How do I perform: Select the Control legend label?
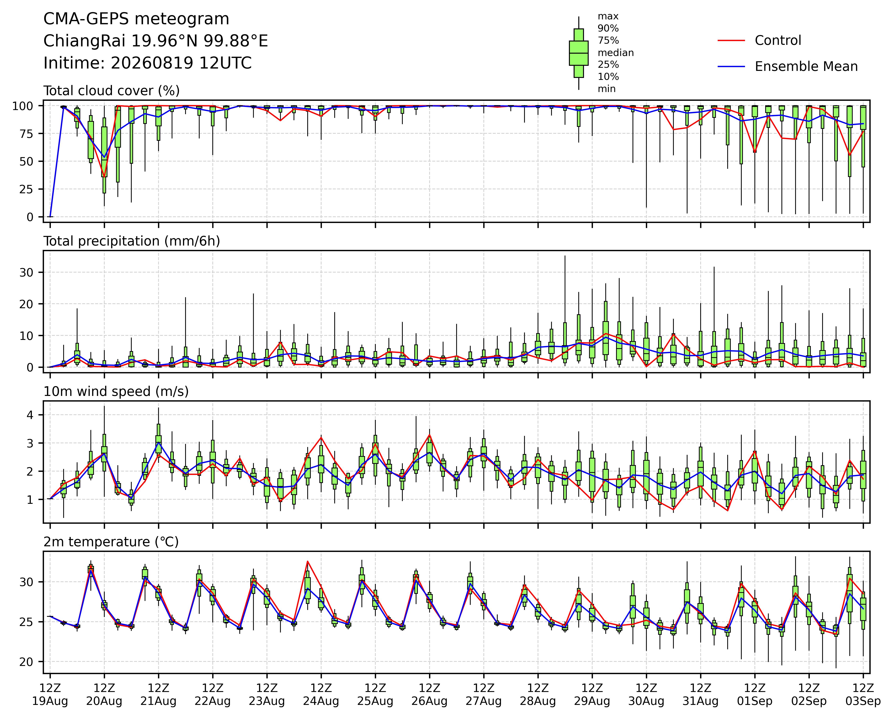pos(778,41)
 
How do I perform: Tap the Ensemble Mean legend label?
pos(806,67)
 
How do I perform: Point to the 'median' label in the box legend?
pos(615,53)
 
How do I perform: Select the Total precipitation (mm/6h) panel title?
pos(132,241)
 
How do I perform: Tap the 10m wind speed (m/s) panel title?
pos(116,392)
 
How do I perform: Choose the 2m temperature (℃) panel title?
pos(111,542)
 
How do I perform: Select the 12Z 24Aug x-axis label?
pos(321,695)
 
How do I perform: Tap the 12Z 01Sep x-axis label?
pos(755,695)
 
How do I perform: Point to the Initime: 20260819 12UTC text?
pos(147,63)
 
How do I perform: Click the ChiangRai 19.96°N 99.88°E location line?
pos(156,41)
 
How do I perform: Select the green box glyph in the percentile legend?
pos(579,53)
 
